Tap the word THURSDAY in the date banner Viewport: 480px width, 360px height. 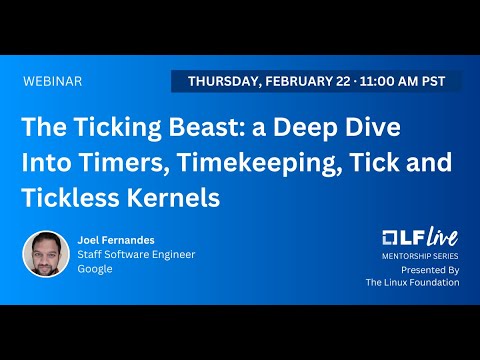click(222, 81)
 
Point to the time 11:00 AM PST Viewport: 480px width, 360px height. click(400, 81)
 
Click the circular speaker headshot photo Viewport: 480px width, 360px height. click(46, 254)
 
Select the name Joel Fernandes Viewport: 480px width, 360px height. click(118, 239)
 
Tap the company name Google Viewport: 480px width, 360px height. click(95, 269)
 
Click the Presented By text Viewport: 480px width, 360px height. click(430, 270)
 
